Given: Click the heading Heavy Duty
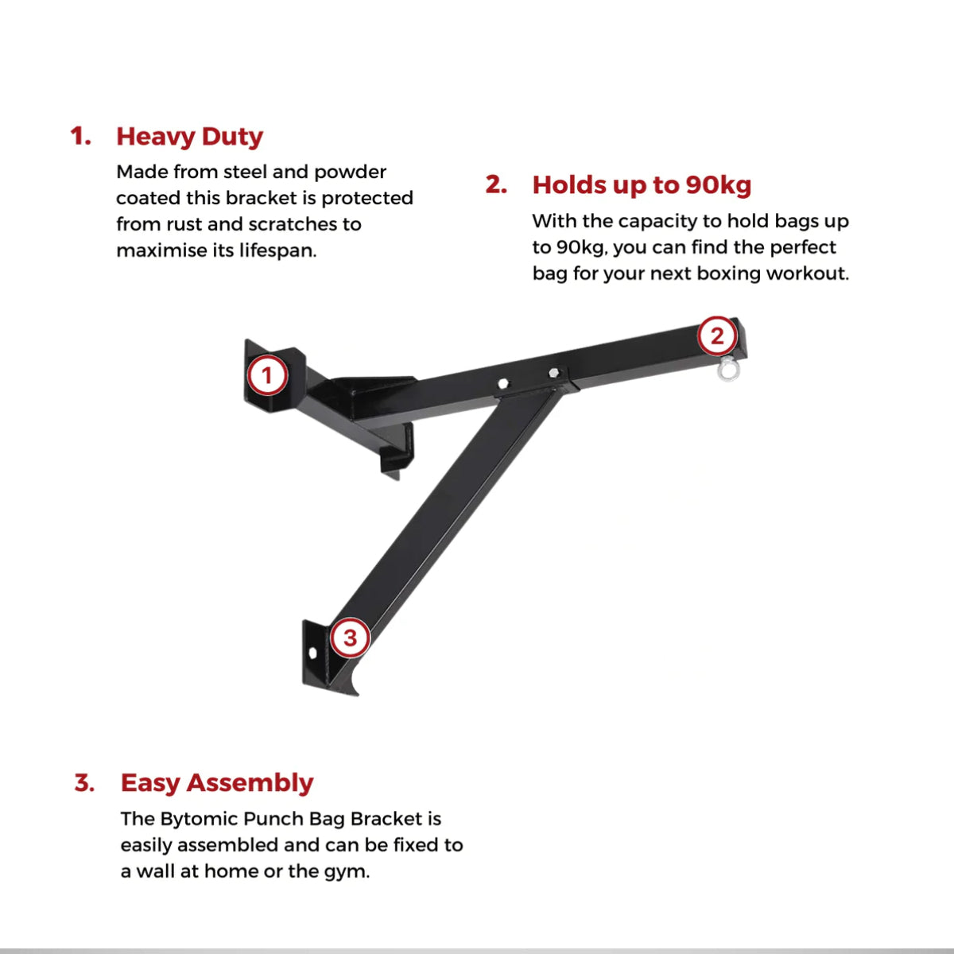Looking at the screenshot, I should point(189,137).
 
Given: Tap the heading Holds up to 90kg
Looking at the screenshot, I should point(642,185).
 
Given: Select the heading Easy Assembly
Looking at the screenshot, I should point(217,783).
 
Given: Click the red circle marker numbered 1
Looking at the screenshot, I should point(267,375).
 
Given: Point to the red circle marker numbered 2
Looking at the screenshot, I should point(717,336).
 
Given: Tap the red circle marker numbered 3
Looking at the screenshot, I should point(350,638).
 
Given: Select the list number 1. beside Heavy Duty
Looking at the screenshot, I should point(81,137).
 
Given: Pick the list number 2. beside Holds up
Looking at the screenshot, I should point(497,185).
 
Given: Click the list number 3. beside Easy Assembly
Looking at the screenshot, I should point(85,783).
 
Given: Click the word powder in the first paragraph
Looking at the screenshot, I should point(350,173).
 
